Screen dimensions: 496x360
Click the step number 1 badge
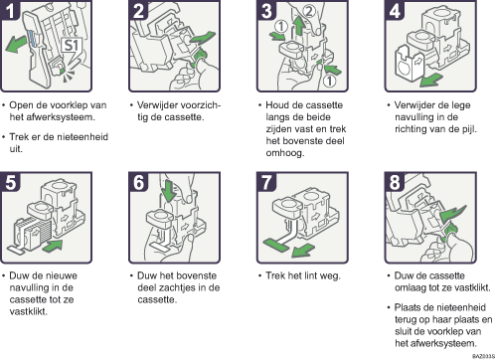coord(11,10)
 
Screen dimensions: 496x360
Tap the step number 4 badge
coord(395,10)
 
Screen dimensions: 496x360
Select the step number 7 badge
coord(266,182)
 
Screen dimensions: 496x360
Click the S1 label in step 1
coord(71,45)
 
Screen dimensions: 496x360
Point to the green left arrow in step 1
coord(16,44)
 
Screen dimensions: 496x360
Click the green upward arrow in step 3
coord(299,25)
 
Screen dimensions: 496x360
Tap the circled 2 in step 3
coord(309,12)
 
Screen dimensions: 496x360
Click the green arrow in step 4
coord(430,80)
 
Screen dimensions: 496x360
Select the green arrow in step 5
coord(53,246)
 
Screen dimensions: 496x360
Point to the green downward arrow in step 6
coord(169,190)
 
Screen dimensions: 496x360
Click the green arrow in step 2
coord(203,37)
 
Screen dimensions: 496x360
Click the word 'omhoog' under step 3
coord(284,153)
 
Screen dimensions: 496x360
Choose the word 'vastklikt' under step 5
coord(28,311)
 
